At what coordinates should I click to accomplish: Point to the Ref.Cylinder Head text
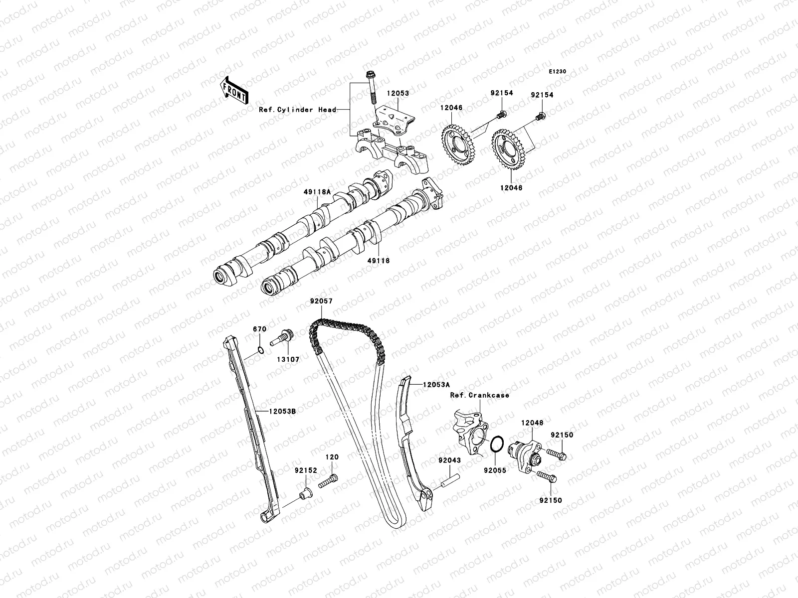[x=297, y=110]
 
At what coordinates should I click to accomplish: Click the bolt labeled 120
[x=330, y=480]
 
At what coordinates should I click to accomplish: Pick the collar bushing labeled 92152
[x=304, y=494]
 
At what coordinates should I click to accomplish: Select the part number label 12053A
[x=436, y=385]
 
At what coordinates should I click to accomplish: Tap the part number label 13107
[x=288, y=359]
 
